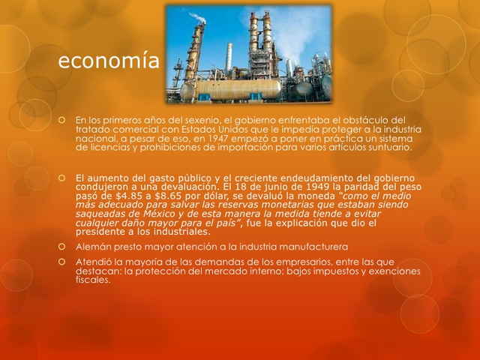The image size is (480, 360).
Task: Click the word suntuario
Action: tap(389, 148)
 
